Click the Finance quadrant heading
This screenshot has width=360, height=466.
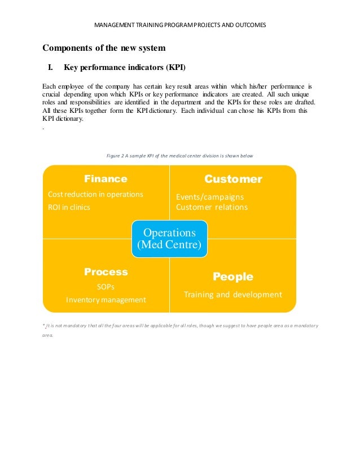(x=106, y=179)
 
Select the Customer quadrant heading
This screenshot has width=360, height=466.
(x=233, y=179)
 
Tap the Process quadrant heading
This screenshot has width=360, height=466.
(x=106, y=272)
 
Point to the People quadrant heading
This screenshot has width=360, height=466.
(x=232, y=277)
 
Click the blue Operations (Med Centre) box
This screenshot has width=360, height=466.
(x=170, y=239)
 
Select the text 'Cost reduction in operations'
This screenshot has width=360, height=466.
(x=95, y=195)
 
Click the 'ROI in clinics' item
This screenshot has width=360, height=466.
(x=69, y=207)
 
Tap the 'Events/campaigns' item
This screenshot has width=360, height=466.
(x=210, y=197)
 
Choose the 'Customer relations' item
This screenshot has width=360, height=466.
(x=212, y=207)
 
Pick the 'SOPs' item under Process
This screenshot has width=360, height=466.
(x=106, y=287)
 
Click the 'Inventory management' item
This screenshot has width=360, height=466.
(x=106, y=300)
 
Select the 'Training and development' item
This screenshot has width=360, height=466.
(x=232, y=294)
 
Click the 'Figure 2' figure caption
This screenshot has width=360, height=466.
(x=179, y=155)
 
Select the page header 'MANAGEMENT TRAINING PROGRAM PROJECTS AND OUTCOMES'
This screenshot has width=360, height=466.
(x=180, y=25)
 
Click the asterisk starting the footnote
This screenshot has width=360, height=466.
(x=44, y=326)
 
